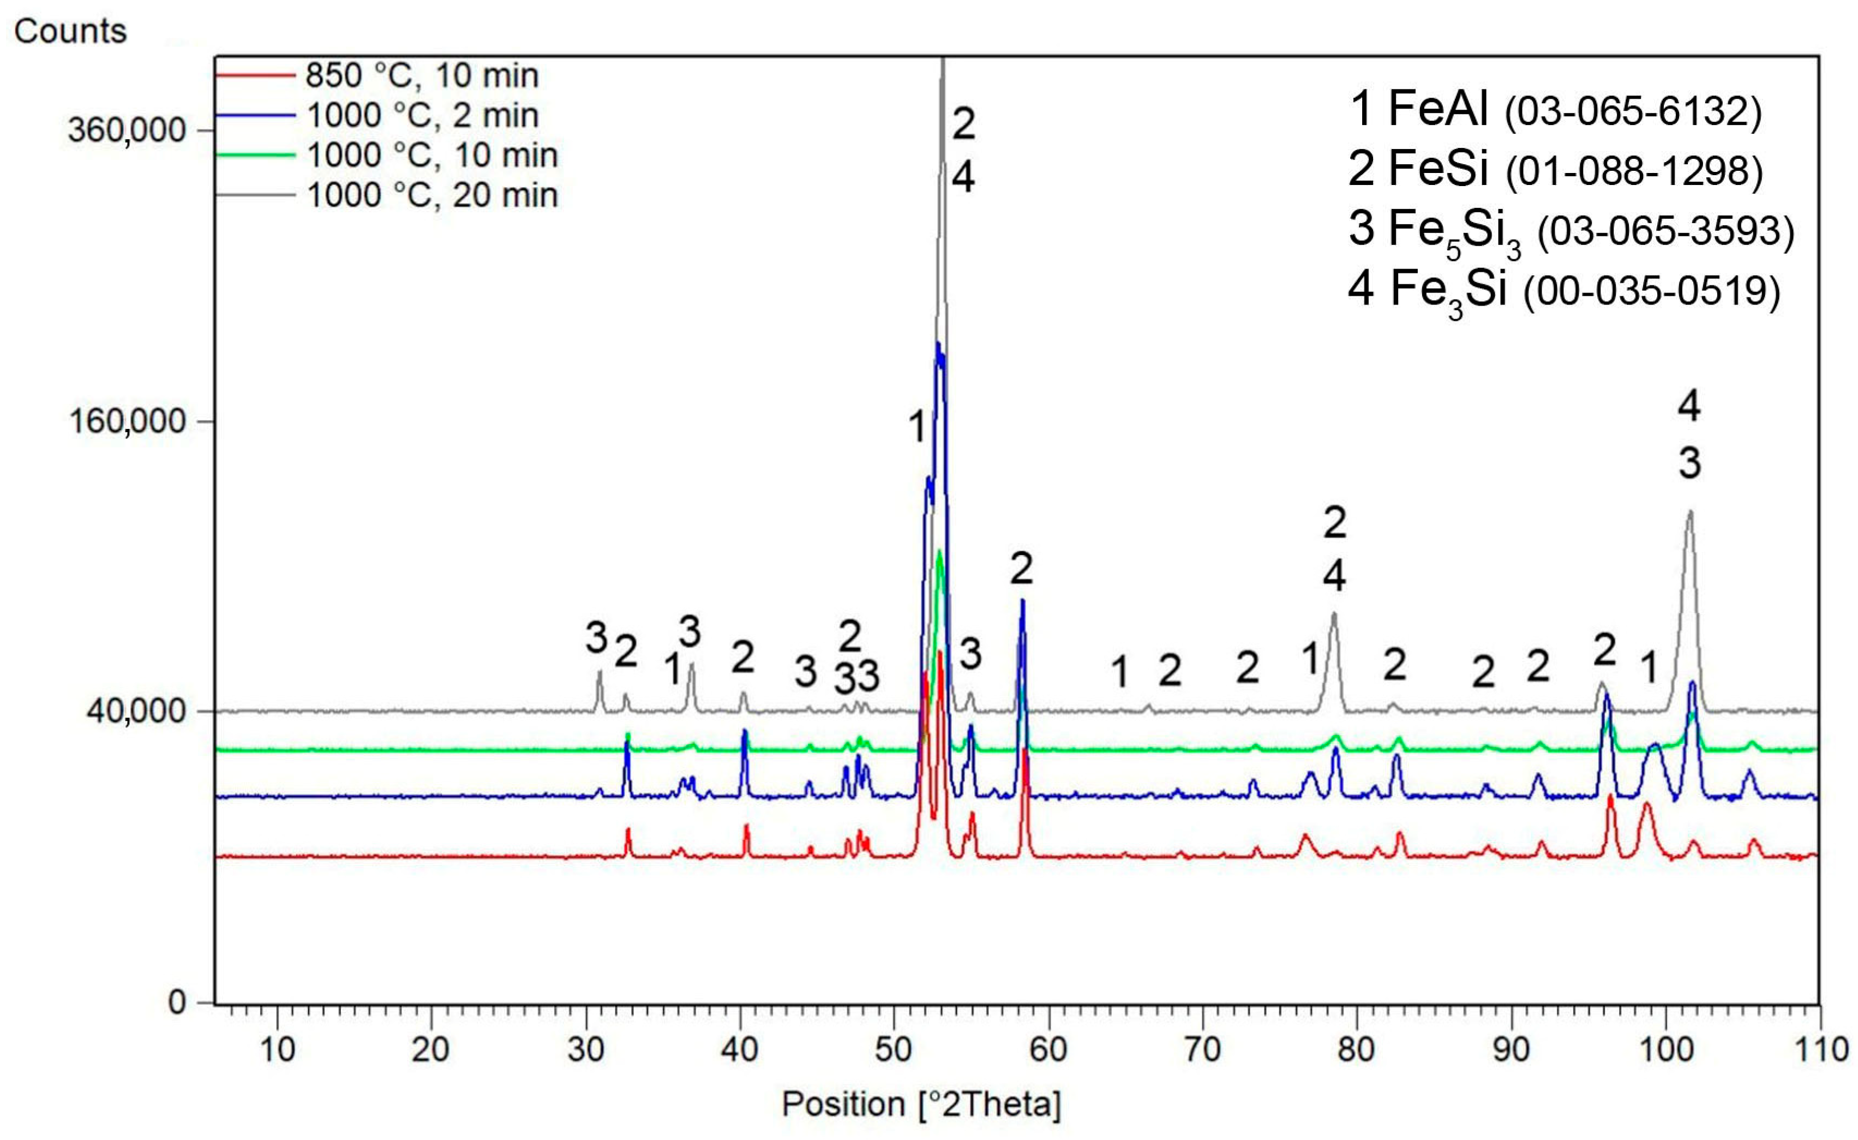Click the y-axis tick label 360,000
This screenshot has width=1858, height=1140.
(x=127, y=130)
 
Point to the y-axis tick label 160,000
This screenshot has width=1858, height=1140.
(x=127, y=421)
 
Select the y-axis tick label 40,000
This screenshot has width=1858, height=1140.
(x=136, y=712)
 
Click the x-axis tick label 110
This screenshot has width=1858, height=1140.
(x=1819, y=1050)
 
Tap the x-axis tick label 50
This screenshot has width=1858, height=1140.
(x=894, y=1050)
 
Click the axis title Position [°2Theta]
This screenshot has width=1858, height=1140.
(x=921, y=1105)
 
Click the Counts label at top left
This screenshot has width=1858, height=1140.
(x=70, y=32)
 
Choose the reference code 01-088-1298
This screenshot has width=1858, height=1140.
(x=1633, y=172)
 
